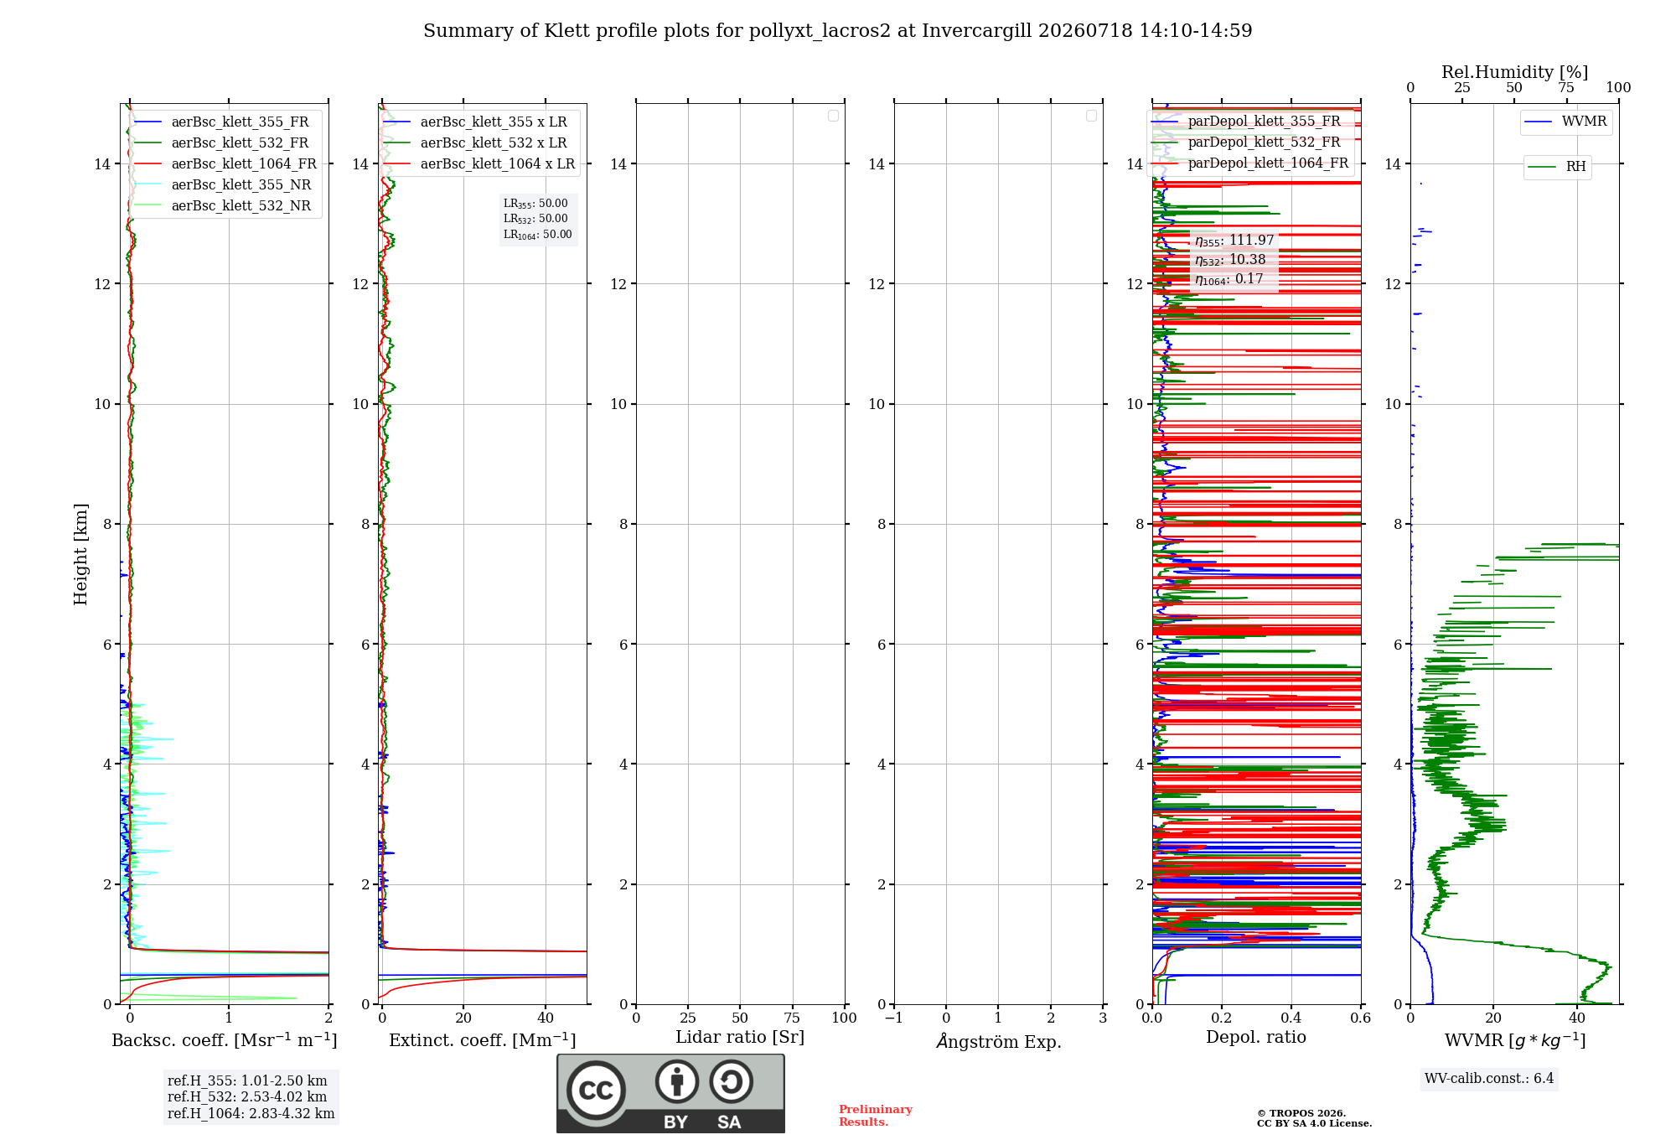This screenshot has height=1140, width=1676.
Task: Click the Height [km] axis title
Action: coord(80,554)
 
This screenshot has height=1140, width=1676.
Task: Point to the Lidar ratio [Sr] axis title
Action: coord(740,1038)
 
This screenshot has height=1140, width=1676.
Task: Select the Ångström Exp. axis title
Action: coord(999,1041)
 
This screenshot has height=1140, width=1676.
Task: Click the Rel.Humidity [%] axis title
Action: coord(1514,72)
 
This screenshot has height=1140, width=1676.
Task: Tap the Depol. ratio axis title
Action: coord(1256,1038)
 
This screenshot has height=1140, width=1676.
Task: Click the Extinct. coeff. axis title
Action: coord(483,1040)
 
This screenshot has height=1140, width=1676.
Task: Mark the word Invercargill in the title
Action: coord(977,31)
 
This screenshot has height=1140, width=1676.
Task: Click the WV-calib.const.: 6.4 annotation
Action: coord(1489,1079)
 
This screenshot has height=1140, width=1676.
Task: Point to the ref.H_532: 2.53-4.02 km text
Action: coord(247,1097)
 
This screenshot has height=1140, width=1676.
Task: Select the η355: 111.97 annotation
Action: coord(1234,241)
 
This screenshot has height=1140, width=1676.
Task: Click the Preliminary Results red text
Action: coord(876,1116)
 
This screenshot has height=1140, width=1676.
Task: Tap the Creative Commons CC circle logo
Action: coord(596,1091)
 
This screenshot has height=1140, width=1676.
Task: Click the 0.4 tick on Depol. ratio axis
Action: coord(1291,1018)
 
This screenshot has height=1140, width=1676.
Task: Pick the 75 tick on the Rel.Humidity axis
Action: coord(1566,88)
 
